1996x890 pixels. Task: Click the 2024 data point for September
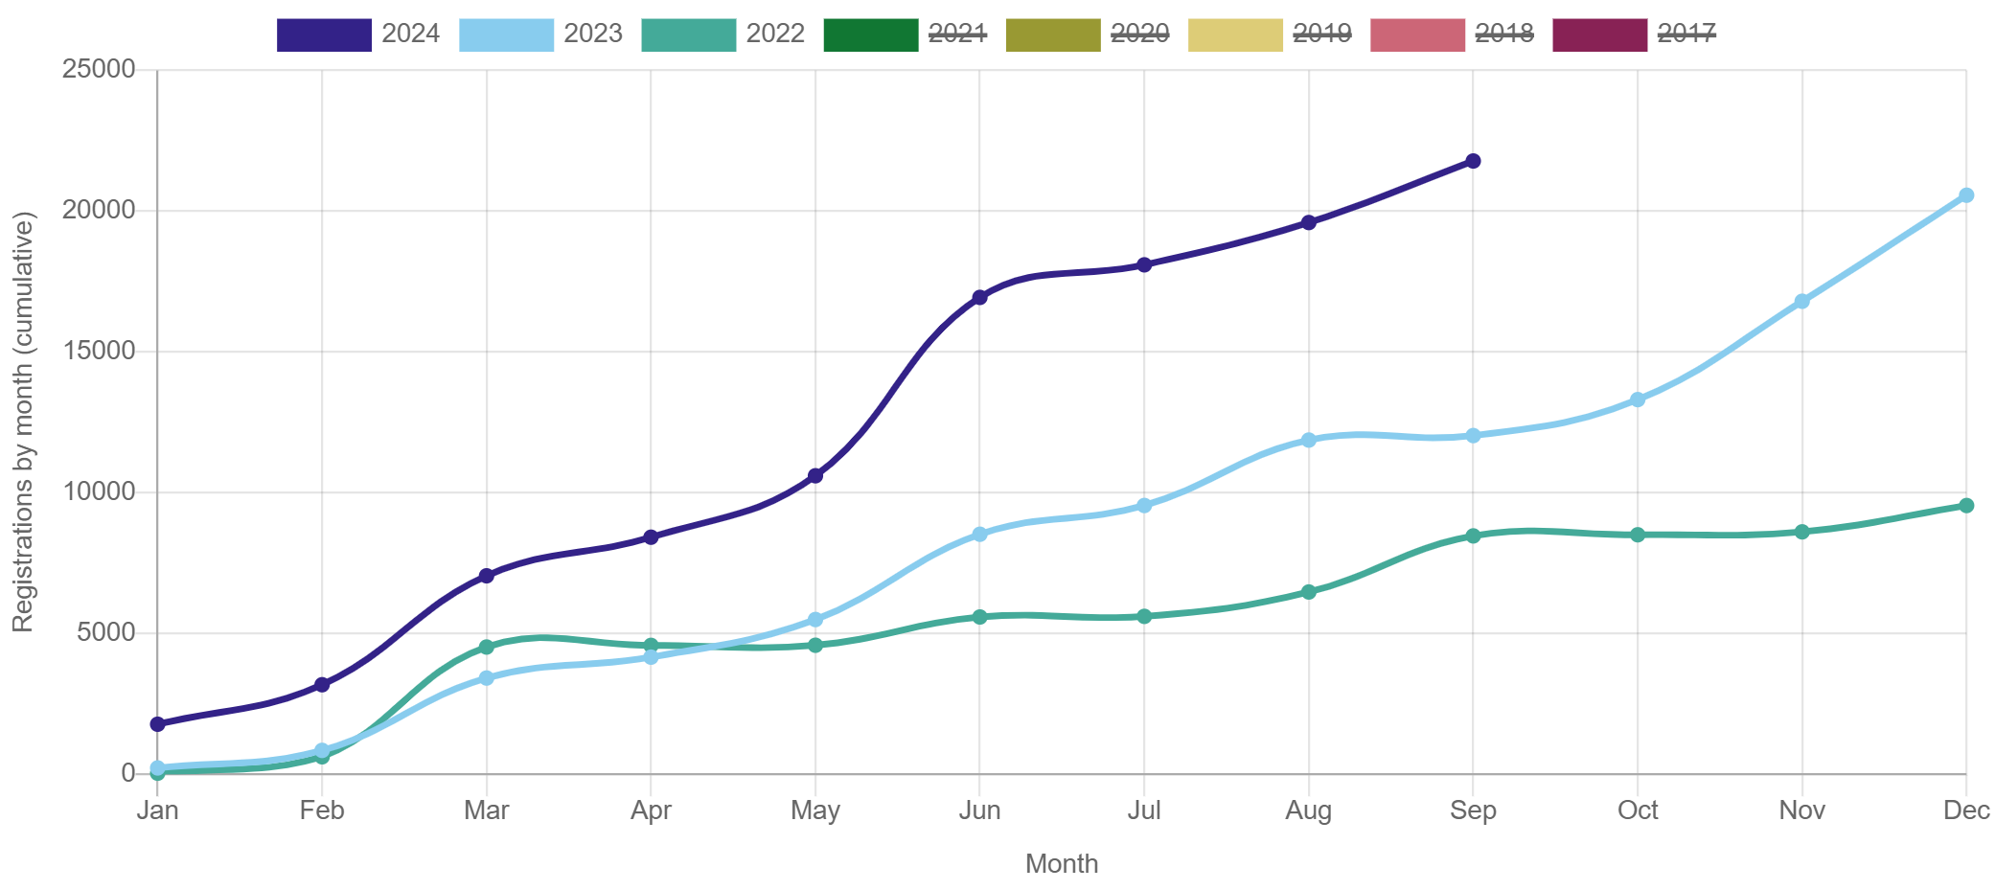[1473, 161]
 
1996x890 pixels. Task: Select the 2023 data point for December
[1965, 195]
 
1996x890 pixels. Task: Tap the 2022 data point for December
[1965, 505]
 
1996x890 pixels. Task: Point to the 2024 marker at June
[979, 297]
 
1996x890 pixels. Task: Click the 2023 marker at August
[1308, 440]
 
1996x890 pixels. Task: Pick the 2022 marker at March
[486, 647]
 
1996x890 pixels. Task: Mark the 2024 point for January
[157, 723]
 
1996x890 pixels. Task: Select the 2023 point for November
[1801, 302]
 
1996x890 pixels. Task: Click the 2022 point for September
[1473, 536]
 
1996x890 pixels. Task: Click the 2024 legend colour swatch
[324, 34]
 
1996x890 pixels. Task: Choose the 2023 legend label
[592, 34]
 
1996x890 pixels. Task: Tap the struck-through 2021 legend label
[957, 34]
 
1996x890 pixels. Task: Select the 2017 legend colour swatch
[1599, 34]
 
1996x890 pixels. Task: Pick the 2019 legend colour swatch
[1235, 34]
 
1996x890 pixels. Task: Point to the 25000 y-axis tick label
[99, 69]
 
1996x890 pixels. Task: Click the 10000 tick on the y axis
[99, 491]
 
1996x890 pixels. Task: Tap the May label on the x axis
[814, 810]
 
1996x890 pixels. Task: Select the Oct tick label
[1638, 810]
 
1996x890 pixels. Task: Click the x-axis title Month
[1061, 863]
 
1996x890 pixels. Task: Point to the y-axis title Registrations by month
[23, 422]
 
